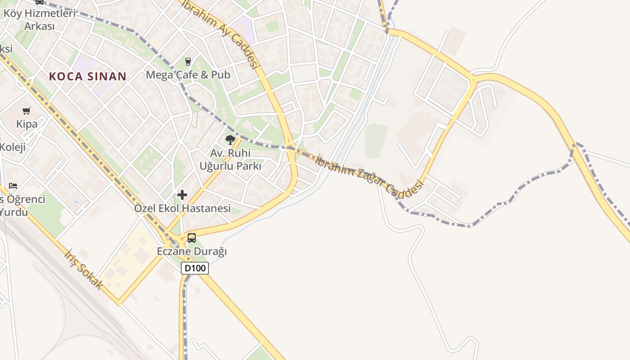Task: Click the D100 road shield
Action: [195, 268]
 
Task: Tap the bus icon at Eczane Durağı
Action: [192, 238]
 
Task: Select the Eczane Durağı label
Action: [192, 251]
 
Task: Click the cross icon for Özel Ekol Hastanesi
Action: [182, 195]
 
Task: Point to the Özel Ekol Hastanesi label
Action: [182, 208]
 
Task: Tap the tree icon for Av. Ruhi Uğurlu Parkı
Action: [230, 140]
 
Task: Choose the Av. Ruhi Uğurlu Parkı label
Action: [230, 159]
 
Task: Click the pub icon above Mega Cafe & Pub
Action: [188, 62]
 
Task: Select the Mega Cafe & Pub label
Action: [188, 75]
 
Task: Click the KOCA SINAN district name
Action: [88, 76]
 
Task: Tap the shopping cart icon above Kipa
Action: [27, 111]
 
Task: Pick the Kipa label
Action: [27, 124]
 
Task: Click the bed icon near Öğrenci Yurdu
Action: [13, 185]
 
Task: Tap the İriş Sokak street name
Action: [84, 270]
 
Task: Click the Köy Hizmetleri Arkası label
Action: [39, 19]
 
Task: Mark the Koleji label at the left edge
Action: [13, 147]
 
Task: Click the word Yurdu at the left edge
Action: [14, 212]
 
